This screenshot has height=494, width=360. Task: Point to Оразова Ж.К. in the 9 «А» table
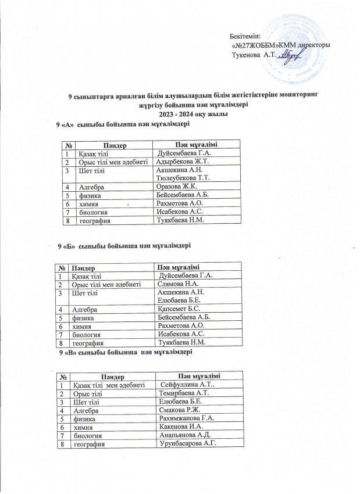click(177, 187)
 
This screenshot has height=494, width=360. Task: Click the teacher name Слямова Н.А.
click(179, 284)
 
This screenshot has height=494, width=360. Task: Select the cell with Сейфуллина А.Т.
click(188, 385)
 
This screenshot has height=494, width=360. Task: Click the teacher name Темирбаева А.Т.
click(183, 393)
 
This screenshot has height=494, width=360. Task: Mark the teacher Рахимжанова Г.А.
click(187, 418)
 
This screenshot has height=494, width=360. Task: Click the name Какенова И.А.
click(181, 427)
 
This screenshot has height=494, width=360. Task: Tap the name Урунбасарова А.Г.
click(187, 444)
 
